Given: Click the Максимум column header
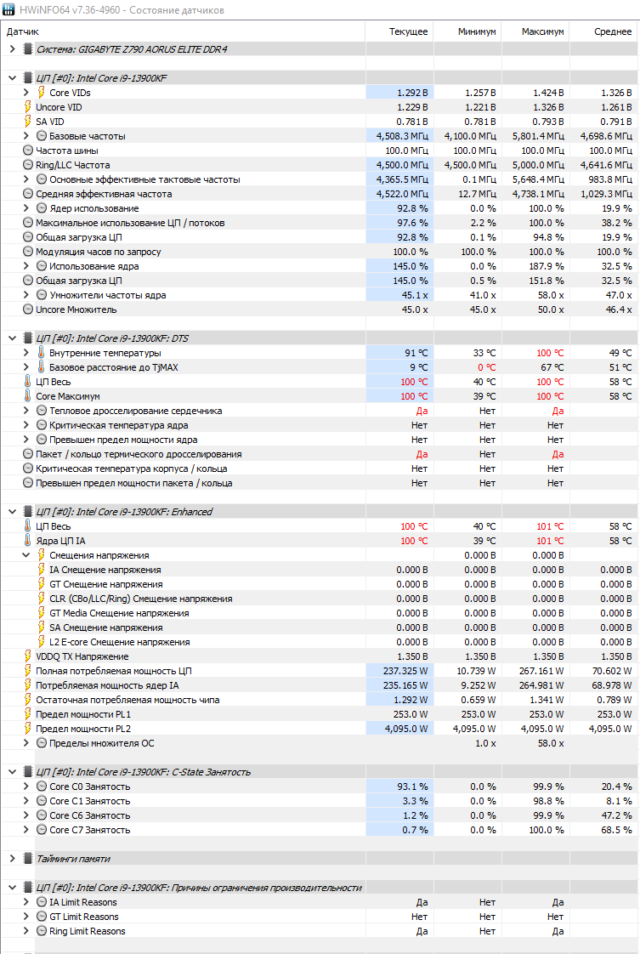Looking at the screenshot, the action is [x=542, y=31].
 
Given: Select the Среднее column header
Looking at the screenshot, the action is [x=613, y=31].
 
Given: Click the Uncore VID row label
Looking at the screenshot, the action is [x=59, y=107].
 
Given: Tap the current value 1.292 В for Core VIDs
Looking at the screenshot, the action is [x=412, y=93].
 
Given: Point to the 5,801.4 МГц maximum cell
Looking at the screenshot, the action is [x=538, y=136].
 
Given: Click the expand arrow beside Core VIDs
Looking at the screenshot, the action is [x=26, y=93].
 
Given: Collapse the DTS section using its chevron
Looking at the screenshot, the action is [x=12, y=338].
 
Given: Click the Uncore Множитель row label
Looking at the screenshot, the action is [x=76, y=309].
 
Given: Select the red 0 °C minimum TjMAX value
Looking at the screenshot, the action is [x=487, y=367].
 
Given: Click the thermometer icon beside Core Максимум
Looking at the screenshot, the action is [x=27, y=396].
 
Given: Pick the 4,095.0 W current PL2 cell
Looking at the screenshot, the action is [x=406, y=729].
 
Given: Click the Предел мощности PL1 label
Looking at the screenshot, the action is [x=83, y=714].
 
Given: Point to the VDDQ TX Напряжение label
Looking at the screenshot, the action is [x=82, y=656].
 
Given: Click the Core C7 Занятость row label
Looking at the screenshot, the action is [x=90, y=830].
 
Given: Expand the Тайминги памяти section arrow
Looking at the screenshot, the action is [x=12, y=859].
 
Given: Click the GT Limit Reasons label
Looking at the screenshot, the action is [x=84, y=917].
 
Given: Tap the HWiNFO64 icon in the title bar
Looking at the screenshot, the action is [x=8, y=9].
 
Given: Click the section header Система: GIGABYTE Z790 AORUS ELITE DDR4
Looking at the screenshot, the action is [x=132, y=49].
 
